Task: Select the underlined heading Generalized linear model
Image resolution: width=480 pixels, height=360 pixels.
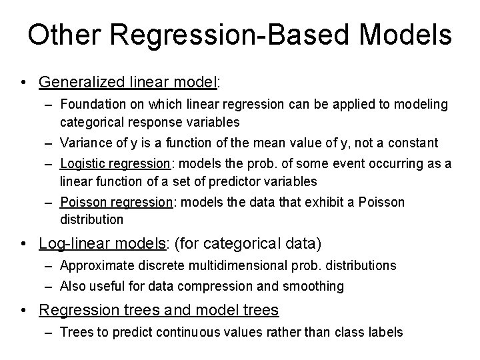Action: point(129,82)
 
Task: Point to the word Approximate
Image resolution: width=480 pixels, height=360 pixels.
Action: point(93,265)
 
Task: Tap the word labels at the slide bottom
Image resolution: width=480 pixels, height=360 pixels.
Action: point(385,331)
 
